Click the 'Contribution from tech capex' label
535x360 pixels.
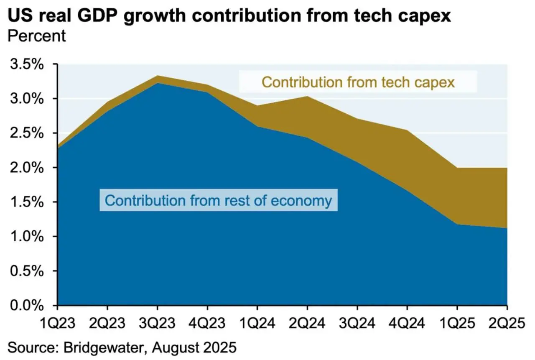358,82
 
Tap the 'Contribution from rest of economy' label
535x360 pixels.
218,200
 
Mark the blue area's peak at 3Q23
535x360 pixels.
157,83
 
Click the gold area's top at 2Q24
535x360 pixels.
307,97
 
